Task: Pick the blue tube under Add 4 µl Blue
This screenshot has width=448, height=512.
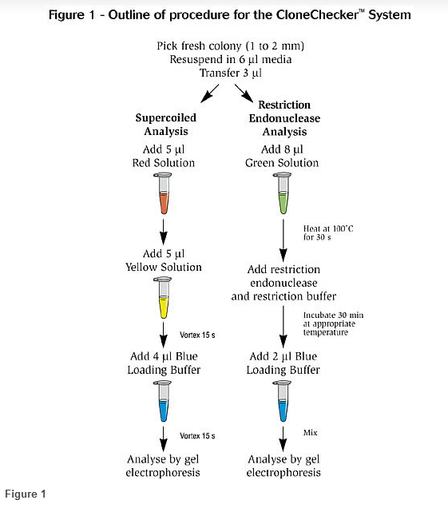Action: pos(163,401)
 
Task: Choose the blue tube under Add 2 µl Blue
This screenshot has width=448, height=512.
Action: pos(283,401)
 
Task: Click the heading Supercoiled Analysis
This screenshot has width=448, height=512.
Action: pos(166,125)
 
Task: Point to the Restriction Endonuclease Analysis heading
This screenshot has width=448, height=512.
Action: pos(284,118)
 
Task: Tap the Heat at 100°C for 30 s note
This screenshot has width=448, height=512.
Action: pos(328,232)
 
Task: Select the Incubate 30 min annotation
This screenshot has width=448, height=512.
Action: pos(333,323)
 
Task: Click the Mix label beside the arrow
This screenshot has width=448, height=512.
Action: pos(310,433)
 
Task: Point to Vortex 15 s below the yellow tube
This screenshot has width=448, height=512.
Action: pos(197,335)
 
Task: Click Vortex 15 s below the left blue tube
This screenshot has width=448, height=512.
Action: pos(197,436)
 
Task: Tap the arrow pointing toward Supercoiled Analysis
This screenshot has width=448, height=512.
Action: pos(210,93)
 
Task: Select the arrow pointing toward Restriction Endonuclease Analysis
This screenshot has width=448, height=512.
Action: pos(244,93)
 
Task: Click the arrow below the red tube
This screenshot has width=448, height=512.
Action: pos(163,232)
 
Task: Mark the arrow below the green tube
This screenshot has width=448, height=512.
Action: pos(283,240)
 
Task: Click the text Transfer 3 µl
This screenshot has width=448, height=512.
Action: pos(231,73)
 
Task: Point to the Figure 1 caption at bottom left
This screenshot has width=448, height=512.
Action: pos(26,494)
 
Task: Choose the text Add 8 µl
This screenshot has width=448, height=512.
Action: pos(282,149)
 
